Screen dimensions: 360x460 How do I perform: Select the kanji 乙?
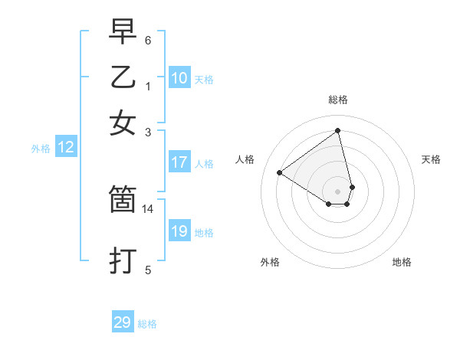pyautogui.click(x=123, y=77)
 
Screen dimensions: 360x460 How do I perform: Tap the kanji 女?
pyautogui.click(x=123, y=123)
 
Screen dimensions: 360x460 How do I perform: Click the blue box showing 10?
pyautogui.click(x=179, y=78)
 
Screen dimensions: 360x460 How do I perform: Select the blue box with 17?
pyautogui.click(x=179, y=162)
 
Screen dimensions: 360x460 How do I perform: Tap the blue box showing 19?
pyautogui.click(x=179, y=231)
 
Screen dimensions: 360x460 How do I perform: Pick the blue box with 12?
pyautogui.click(x=66, y=148)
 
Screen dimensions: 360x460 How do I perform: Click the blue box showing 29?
pyautogui.click(x=123, y=322)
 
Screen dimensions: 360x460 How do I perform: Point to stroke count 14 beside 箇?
pyautogui.click(x=148, y=208)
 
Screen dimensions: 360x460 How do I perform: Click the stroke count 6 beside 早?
pyautogui.click(x=148, y=40)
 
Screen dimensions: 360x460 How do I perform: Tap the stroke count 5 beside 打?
pyautogui.click(x=148, y=269)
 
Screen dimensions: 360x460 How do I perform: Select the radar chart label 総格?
pyautogui.click(x=338, y=100)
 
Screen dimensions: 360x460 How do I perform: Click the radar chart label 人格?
pyautogui.click(x=245, y=159)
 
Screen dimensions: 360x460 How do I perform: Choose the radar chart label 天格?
pyautogui.click(x=431, y=159)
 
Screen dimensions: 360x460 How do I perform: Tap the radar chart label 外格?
pyautogui.click(x=270, y=262)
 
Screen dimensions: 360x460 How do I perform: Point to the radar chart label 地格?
pyautogui.click(x=402, y=262)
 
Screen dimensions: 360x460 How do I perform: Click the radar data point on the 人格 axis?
pyautogui.click(x=280, y=172)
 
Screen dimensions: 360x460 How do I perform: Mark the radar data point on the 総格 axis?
pyautogui.click(x=338, y=131)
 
